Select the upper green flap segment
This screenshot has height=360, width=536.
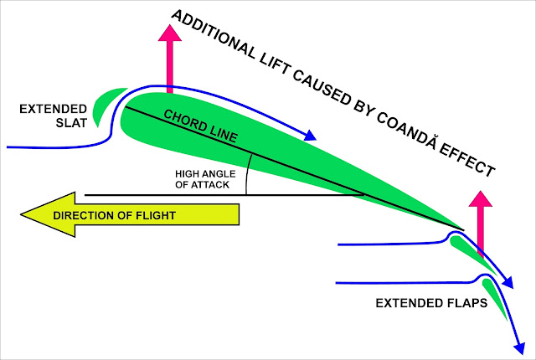pyautogui.click(x=464, y=249)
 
